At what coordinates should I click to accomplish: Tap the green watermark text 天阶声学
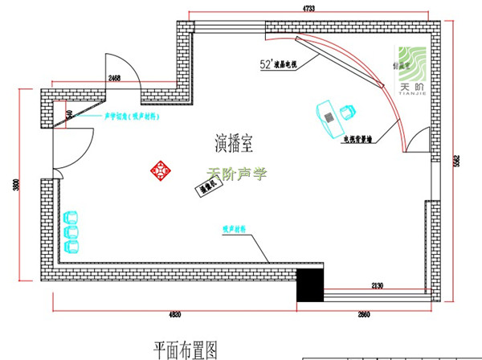pyautogui.click(x=235, y=172)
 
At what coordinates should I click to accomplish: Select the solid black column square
pyautogui.click(x=310, y=284)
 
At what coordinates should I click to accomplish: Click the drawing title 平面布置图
pyautogui.click(x=186, y=349)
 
